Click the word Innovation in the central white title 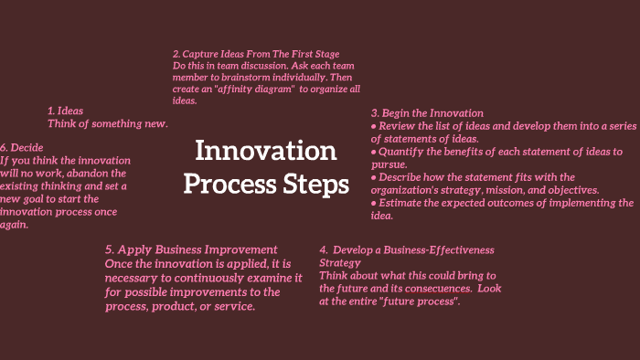266,151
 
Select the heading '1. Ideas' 65,111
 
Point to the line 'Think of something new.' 108,123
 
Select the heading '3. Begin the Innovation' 427,112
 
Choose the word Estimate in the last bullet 403,203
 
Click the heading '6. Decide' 22,146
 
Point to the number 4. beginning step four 324,249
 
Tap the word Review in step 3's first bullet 400,125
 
